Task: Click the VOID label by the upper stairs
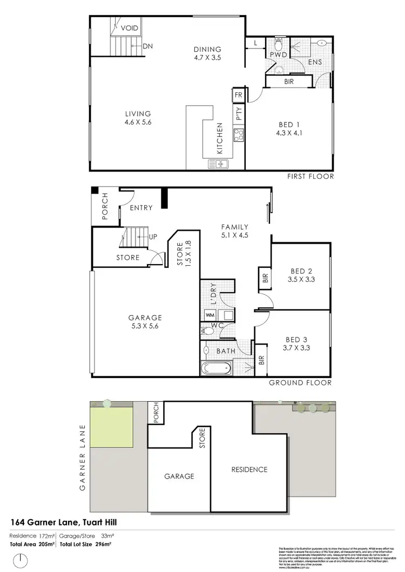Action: pyautogui.click(x=130, y=27)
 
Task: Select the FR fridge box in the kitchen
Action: pyautogui.click(x=238, y=96)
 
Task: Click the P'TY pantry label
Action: pyautogui.click(x=238, y=114)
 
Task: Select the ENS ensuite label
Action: pyautogui.click(x=315, y=63)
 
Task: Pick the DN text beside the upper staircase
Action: pyautogui.click(x=148, y=46)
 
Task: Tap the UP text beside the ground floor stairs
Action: pyautogui.click(x=153, y=237)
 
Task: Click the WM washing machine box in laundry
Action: pyautogui.click(x=210, y=314)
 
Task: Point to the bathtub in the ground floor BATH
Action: pyautogui.click(x=216, y=369)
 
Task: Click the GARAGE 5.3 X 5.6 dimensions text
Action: pyautogui.click(x=145, y=326)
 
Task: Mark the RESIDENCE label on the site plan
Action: pyautogui.click(x=249, y=470)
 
